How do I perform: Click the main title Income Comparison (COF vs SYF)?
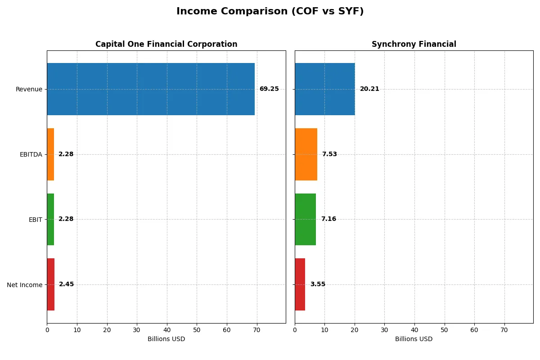click(270, 11)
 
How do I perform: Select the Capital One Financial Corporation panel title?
click(166, 44)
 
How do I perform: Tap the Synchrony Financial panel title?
click(414, 44)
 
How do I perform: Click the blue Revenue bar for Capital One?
click(151, 89)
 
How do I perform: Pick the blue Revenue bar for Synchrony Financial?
click(324, 89)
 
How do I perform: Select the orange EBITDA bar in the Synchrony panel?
click(306, 154)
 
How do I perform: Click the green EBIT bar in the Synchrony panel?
click(305, 219)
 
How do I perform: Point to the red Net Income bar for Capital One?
click(51, 284)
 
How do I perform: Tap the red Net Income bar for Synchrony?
click(300, 284)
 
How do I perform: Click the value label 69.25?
click(269, 89)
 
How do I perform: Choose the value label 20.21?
click(369, 89)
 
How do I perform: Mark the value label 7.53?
click(329, 154)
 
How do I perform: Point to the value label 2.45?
click(66, 284)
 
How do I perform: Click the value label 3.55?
click(318, 284)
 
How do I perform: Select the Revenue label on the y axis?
click(29, 89)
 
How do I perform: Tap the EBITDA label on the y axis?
click(31, 154)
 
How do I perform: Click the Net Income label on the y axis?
click(24, 284)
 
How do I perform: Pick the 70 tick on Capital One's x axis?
click(256, 330)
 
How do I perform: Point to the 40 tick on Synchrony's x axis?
click(414, 330)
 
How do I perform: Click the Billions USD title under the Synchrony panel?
click(414, 339)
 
